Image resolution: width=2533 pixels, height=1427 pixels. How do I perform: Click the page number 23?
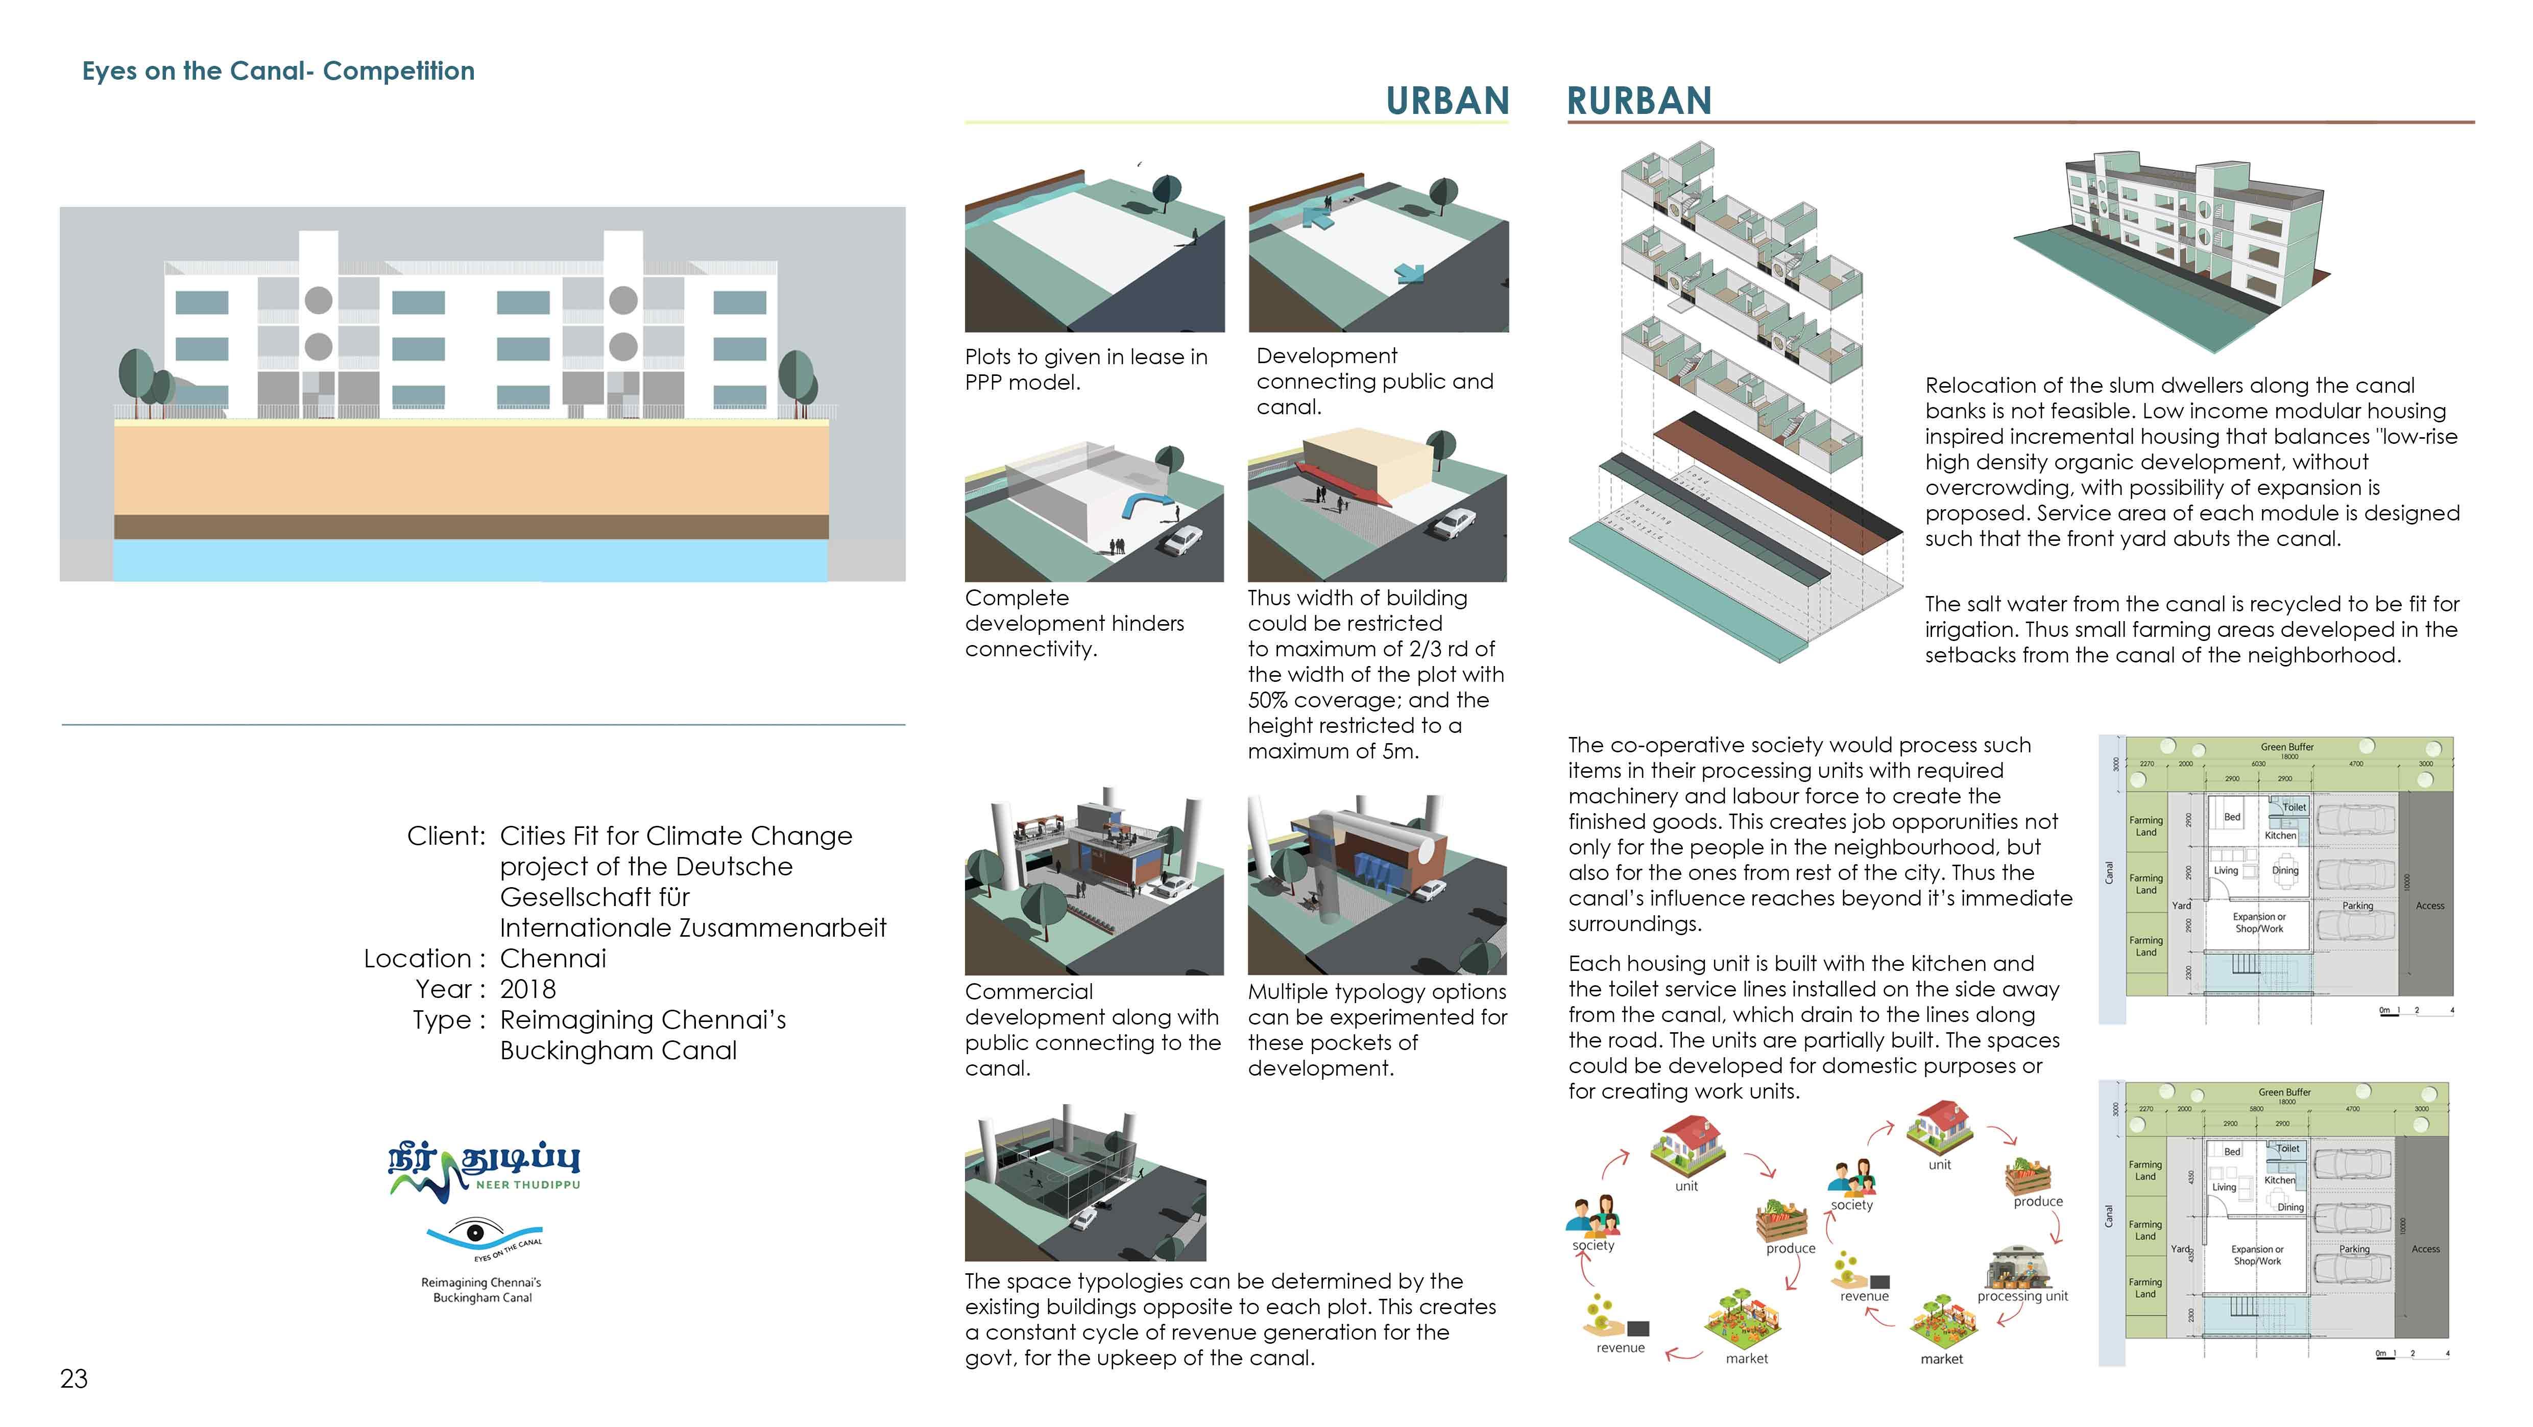(74, 1379)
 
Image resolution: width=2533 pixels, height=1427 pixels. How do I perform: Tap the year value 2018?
(528, 989)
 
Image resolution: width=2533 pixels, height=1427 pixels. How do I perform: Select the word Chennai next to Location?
(553, 959)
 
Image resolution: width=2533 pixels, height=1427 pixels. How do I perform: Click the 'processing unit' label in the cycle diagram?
(2022, 1296)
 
